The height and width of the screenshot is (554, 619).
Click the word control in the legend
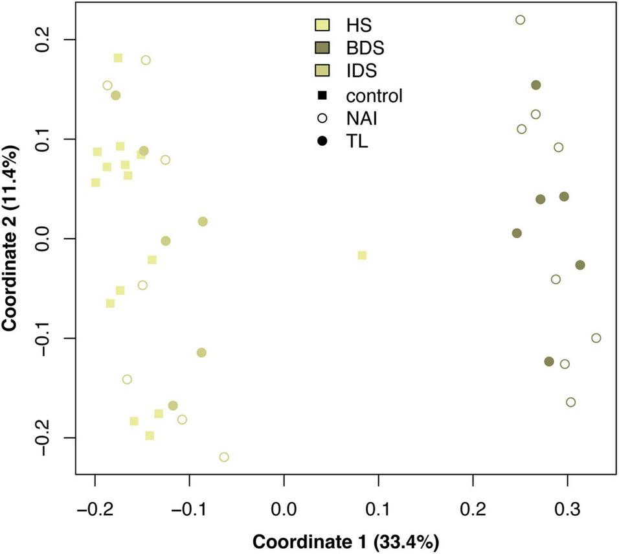374,96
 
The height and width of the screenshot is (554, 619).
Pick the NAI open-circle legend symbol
321,119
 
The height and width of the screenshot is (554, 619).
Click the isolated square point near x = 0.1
362,255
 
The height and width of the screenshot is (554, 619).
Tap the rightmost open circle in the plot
596,338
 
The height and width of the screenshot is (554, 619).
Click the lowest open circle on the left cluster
224,457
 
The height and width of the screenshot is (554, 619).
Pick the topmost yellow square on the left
118,58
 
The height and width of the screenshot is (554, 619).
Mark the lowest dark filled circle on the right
549,362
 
